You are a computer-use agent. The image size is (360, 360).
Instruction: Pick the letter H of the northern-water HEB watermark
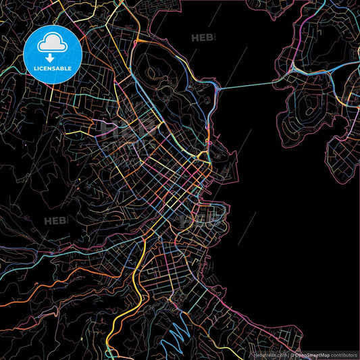point(196,38)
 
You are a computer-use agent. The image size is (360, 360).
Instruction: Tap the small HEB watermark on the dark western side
point(56,221)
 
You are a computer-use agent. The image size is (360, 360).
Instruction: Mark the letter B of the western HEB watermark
point(65,221)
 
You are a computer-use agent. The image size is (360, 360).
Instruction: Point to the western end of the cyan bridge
point(221,88)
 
